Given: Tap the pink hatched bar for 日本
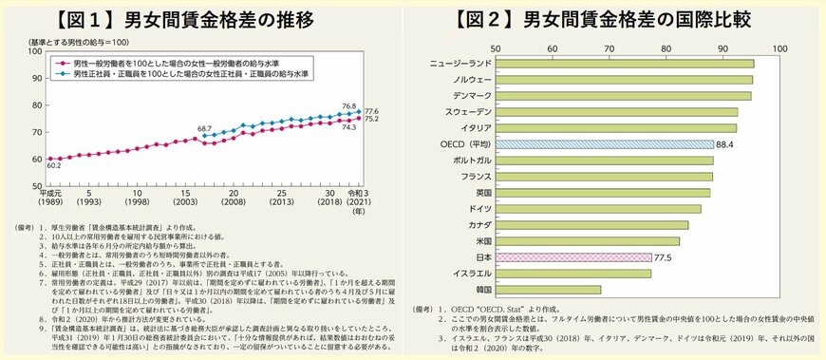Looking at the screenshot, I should (571, 256).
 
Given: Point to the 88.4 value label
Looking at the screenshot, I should (727, 144).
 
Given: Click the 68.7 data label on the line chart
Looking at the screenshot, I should (205, 126).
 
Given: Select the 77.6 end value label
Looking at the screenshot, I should (372, 111).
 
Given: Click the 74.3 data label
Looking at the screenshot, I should (348, 126).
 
